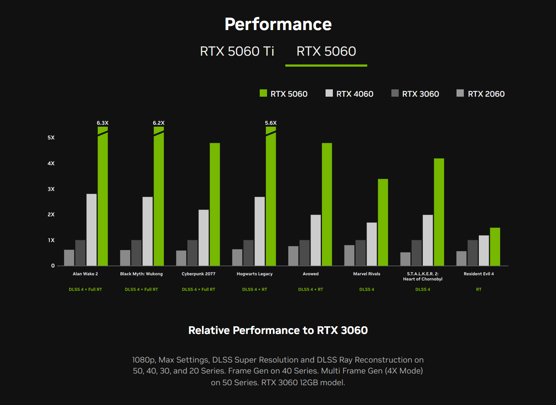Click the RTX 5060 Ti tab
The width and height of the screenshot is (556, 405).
[237, 51]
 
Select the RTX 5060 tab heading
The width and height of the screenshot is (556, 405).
[326, 51]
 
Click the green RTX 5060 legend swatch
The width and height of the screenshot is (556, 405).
[263, 93]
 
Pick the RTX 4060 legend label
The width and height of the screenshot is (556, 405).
[354, 94]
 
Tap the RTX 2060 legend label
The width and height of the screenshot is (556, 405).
[486, 94]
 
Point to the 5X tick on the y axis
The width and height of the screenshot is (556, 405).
[51, 138]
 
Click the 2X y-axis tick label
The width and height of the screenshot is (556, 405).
[51, 215]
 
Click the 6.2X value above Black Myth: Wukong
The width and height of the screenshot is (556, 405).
[158, 123]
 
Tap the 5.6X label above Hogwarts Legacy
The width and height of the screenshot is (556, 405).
[271, 123]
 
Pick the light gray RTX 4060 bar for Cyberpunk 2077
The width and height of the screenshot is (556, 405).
[204, 238]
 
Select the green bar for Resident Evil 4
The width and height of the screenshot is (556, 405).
[495, 247]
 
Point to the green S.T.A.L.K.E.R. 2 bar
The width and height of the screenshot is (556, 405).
[439, 212]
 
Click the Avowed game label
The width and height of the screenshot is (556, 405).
[311, 274]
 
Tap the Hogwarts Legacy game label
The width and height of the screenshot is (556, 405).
[255, 274]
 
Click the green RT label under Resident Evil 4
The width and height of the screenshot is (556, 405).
[479, 289]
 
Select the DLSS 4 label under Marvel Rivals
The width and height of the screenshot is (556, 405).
[367, 289]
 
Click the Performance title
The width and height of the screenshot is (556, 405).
[278, 24]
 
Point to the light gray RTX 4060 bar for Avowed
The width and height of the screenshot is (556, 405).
[316, 240]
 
